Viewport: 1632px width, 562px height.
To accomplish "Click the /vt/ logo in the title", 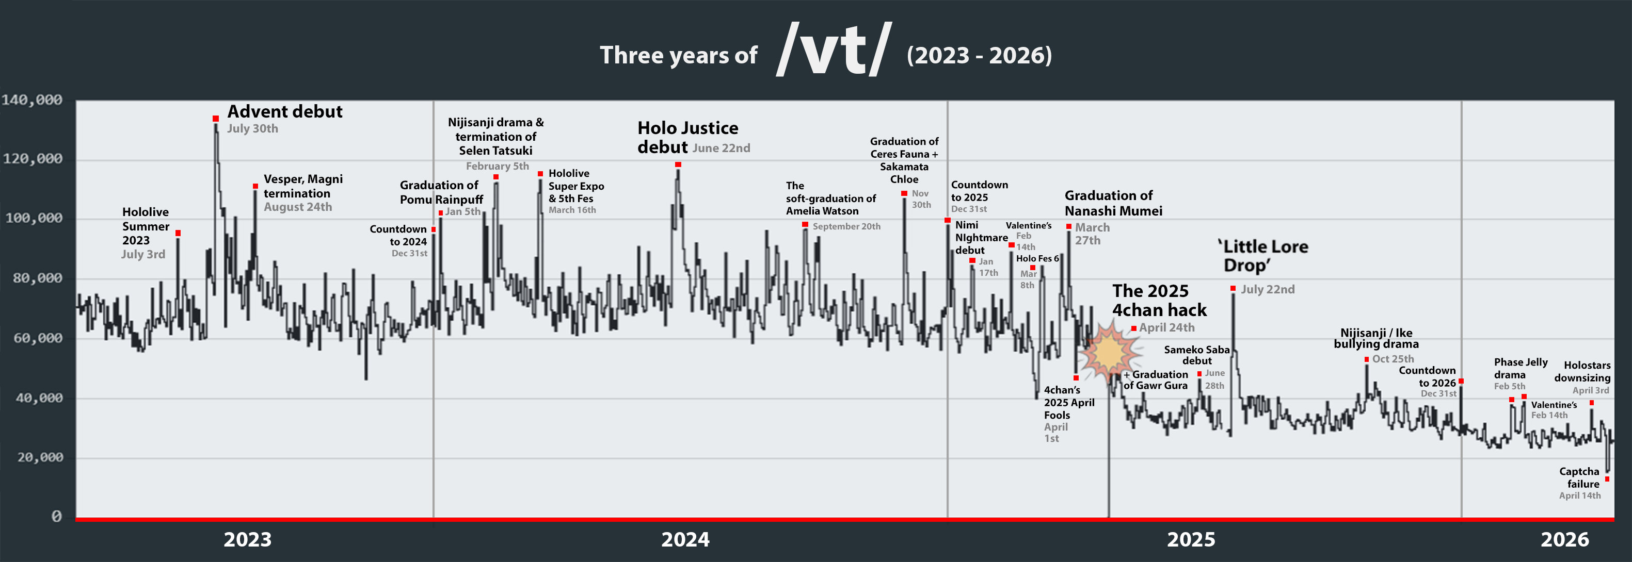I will (833, 49).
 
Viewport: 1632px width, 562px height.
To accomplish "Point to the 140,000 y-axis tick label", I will (33, 100).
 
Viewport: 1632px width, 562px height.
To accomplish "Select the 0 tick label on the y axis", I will (56, 517).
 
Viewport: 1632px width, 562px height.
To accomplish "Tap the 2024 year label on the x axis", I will (685, 539).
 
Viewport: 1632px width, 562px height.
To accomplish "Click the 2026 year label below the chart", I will (1564, 539).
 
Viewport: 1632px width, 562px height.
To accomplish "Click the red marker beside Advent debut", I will (215, 119).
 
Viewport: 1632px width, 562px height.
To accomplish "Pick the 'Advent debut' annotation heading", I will (284, 111).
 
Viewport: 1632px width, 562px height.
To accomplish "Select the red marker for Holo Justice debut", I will (678, 164).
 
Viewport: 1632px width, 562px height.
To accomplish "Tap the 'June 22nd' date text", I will (721, 148).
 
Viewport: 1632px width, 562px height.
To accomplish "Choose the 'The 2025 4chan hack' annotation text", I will (1159, 300).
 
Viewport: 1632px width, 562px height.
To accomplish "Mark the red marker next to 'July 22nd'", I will (1233, 289).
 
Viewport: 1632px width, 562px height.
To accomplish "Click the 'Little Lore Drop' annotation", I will (1265, 256).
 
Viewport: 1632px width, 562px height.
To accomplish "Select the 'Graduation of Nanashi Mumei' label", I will (1113, 203).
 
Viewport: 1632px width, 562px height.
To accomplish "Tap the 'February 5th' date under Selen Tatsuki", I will (498, 166).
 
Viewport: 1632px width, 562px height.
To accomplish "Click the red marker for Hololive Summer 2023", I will (178, 234).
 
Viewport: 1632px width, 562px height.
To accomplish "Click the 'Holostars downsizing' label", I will (1582, 372).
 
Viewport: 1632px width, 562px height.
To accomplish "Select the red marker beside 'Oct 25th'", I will (1367, 359).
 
